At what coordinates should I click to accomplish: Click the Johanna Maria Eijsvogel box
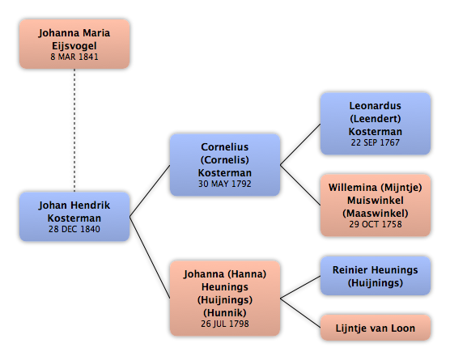(x=74, y=44)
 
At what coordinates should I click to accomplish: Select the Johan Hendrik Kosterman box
(x=74, y=217)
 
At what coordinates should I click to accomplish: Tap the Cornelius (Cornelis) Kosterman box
(x=225, y=165)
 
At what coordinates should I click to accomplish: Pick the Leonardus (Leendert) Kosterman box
(x=375, y=124)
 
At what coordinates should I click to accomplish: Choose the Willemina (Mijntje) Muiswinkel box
(x=375, y=205)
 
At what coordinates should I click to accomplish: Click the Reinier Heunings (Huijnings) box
(x=375, y=276)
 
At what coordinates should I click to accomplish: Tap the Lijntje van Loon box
(x=375, y=328)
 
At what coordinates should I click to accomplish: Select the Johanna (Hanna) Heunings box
(x=225, y=299)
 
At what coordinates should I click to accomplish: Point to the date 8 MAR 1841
(x=74, y=57)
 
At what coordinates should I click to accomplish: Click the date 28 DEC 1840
(x=74, y=229)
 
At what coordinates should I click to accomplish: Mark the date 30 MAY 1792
(x=225, y=184)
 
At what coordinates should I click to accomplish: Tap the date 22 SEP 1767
(x=375, y=142)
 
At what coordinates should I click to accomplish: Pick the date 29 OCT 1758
(x=375, y=224)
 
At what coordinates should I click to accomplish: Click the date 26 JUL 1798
(x=225, y=324)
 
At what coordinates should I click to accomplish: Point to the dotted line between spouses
(x=74, y=130)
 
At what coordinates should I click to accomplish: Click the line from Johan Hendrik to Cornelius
(x=150, y=191)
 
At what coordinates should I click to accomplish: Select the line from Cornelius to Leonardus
(x=300, y=144)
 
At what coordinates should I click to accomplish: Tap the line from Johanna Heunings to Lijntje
(x=300, y=313)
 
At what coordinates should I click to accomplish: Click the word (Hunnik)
(x=225, y=312)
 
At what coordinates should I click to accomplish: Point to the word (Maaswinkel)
(x=375, y=213)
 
